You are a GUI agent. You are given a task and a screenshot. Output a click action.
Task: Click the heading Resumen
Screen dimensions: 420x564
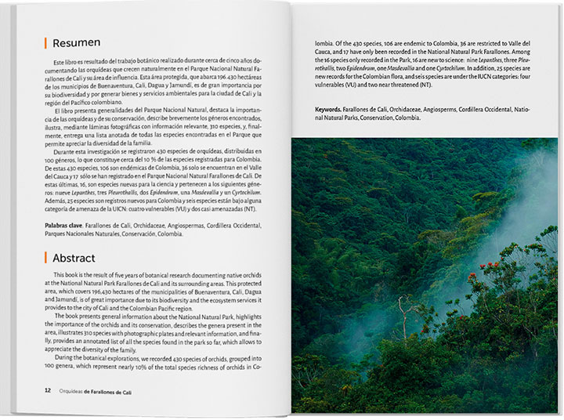[77, 42]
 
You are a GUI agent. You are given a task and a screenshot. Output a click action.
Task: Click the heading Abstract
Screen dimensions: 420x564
[74, 258]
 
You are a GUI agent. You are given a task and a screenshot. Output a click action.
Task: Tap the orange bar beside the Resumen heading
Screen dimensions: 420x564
[45, 42]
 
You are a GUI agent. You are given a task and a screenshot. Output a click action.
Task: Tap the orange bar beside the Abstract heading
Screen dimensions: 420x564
[45, 258]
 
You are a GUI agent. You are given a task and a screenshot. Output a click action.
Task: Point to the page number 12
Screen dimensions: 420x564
[48, 389]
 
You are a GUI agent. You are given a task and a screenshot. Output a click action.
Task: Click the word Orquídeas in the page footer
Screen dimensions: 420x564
[75, 389]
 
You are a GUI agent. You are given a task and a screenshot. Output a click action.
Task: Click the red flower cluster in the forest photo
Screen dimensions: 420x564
[475, 276]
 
